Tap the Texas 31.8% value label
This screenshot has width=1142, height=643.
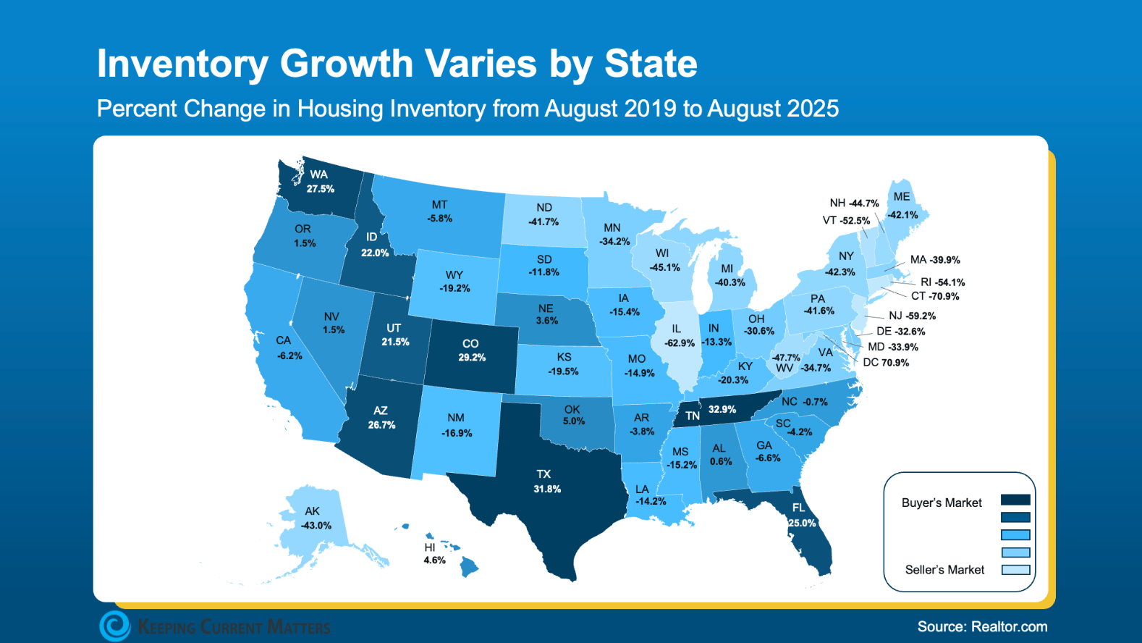pyautogui.click(x=547, y=489)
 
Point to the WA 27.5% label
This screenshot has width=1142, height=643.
pyautogui.click(x=320, y=182)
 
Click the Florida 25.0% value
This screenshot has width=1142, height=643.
pyautogui.click(x=802, y=523)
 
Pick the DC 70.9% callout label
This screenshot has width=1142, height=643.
pyautogui.click(x=886, y=362)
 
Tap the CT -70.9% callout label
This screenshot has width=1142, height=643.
pyautogui.click(x=935, y=296)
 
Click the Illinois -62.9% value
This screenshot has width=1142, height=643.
pyautogui.click(x=680, y=342)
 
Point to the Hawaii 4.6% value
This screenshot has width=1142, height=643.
pyautogui.click(x=434, y=560)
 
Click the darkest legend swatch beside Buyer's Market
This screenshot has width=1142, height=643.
pyautogui.click(x=1015, y=500)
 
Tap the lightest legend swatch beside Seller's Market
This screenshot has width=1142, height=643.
pyautogui.click(x=1015, y=570)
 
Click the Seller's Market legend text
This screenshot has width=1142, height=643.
pyautogui.click(x=944, y=570)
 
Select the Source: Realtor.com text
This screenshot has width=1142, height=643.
pyautogui.click(x=982, y=626)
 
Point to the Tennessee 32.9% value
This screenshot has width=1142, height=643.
pyautogui.click(x=722, y=409)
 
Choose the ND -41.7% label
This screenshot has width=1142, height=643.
pyautogui.click(x=543, y=215)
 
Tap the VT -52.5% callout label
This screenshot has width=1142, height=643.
pyautogui.click(x=846, y=220)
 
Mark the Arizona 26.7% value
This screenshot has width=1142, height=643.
pyautogui.click(x=381, y=425)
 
